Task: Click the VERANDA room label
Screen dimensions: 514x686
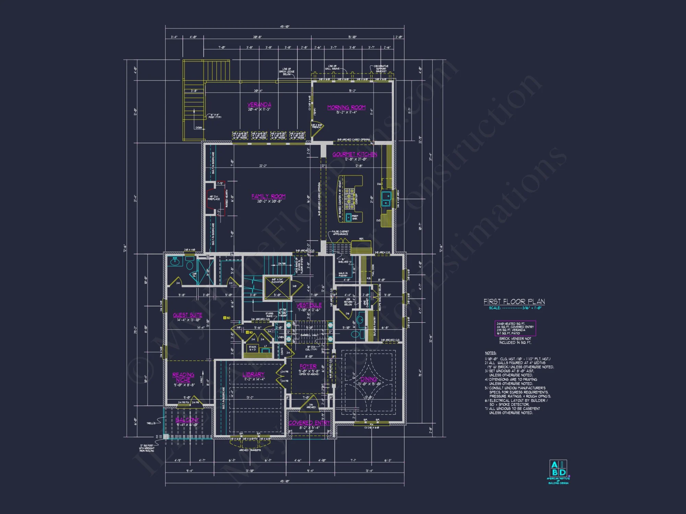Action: (259, 105)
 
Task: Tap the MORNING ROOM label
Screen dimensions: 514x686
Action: (346, 108)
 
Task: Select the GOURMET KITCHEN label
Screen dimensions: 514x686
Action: (355, 155)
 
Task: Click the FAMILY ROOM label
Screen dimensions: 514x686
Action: (268, 196)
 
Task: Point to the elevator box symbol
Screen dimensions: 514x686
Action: (277, 288)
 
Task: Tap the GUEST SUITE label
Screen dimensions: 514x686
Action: (187, 315)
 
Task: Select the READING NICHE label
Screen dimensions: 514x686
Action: (183, 377)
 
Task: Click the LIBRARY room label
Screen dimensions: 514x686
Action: (253, 375)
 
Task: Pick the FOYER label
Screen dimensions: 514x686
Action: (308, 366)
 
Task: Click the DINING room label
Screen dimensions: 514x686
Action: (369, 379)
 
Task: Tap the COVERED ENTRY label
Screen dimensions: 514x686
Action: (309, 423)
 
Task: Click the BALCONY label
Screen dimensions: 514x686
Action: (187, 420)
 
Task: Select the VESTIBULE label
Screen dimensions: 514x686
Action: (309, 305)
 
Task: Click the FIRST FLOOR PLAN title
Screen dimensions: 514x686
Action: (514, 302)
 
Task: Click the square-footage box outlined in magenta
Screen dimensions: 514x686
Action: (515, 328)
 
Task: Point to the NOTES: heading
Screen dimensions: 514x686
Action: (490, 353)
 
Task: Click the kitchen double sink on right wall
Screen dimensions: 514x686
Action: (386, 199)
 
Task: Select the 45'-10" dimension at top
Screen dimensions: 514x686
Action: (284, 27)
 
